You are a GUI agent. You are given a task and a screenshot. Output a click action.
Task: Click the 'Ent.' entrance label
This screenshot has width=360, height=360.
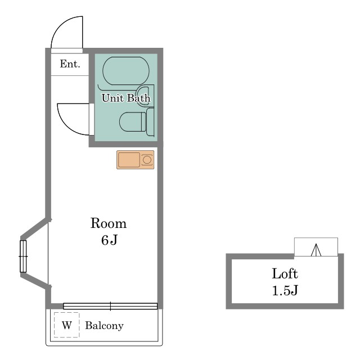coord(70,64)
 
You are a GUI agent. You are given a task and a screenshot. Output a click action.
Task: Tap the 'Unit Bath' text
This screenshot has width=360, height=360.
coord(126,98)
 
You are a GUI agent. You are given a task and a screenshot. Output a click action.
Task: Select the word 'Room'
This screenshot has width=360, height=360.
coord(109,223)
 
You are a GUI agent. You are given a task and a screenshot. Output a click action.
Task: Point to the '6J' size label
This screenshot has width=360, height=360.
coord(109,240)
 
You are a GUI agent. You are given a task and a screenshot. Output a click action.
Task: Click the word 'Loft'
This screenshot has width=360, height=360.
coord(285,273)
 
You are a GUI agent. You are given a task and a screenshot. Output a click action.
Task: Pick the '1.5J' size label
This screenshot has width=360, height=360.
coord(285,290)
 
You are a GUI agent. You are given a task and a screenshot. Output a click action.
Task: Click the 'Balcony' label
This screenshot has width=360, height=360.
coord(105,326)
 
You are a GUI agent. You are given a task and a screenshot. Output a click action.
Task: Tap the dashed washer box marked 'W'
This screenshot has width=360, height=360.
coord(67,325)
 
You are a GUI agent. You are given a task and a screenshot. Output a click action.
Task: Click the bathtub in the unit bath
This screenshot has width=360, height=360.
coord(126,71)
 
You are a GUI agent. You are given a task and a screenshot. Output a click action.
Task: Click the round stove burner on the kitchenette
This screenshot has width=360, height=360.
coord(147,160)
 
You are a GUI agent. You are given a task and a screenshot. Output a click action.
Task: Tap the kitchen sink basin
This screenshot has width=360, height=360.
coord(129,160)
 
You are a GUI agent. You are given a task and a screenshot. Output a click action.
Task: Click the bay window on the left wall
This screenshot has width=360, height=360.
coord(23,256)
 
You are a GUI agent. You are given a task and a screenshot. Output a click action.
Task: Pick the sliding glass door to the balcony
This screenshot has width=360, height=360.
coord(110,306)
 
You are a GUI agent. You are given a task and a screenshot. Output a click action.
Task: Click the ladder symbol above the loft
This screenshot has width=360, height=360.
coord(316,250)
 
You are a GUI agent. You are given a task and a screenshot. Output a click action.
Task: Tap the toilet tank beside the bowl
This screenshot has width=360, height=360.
coord(150,122)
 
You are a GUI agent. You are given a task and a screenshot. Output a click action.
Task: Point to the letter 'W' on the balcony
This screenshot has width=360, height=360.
coord(67,325)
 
